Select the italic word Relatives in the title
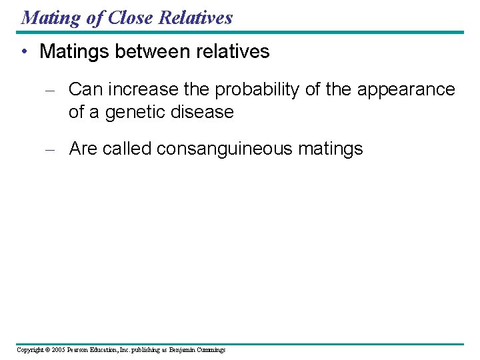(x=195, y=17)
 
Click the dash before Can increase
(x=49, y=90)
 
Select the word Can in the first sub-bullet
(x=85, y=89)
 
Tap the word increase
(x=143, y=89)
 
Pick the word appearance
(x=406, y=89)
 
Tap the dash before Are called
(x=49, y=149)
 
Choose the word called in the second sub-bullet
(x=129, y=149)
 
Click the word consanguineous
(x=225, y=149)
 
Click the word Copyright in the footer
(x=29, y=350)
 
